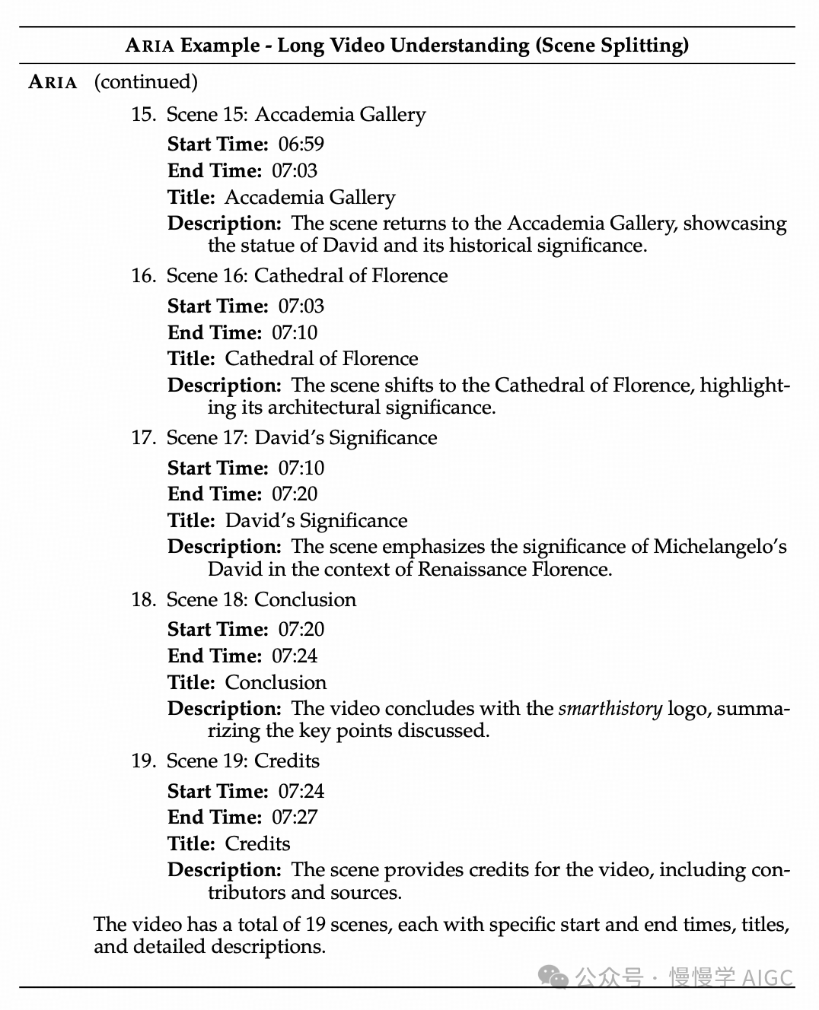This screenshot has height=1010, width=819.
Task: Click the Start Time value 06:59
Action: coord(301,144)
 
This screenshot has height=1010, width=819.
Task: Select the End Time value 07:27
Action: coord(295,817)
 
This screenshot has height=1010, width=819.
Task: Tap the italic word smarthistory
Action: coord(610,709)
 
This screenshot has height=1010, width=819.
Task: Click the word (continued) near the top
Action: coord(145,81)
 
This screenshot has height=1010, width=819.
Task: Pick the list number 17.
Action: coord(143,437)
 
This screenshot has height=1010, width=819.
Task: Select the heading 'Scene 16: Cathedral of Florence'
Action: coord(307,275)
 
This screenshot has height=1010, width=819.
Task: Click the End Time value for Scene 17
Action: coord(295,494)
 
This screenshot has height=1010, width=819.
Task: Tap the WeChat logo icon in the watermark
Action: coord(553,977)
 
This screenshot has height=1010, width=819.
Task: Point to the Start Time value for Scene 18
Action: coord(301,629)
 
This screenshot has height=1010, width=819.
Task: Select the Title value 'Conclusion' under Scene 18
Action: coord(276,682)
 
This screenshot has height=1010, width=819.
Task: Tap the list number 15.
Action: coord(143,114)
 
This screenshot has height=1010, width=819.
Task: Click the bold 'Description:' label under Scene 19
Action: coord(225,869)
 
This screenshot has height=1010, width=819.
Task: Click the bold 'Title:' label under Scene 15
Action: coord(191,197)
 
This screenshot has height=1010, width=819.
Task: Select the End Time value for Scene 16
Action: coord(295,332)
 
